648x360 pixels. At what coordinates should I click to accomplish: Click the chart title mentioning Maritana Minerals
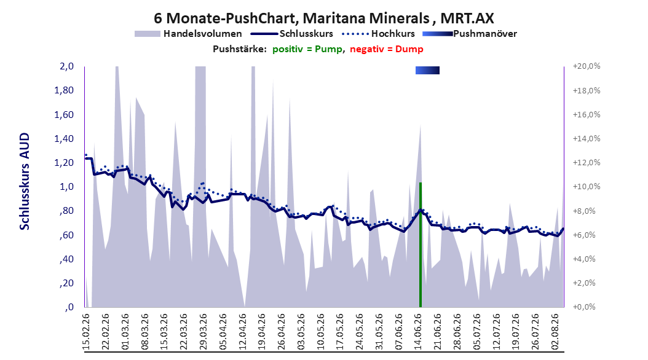tap(323, 18)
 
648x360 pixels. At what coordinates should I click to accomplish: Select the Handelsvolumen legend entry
tap(188, 34)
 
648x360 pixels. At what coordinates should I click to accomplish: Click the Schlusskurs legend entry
tap(292, 34)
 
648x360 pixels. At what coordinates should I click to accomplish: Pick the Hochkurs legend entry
tap(378, 34)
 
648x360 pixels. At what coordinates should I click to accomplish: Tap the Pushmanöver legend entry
tap(470, 34)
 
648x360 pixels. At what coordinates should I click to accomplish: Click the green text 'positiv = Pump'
tap(307, 49)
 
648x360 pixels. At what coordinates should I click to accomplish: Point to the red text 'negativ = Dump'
tap(387, 49)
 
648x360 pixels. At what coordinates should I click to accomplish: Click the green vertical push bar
tap(421, 245)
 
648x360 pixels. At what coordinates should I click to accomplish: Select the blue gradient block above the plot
tap(427, 70)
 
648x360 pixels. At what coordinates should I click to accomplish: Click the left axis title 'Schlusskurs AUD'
tap(25, 181)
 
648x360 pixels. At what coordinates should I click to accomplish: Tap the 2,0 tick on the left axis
tap(66, 66)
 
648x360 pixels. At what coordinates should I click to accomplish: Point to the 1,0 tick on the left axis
tap(66, 187)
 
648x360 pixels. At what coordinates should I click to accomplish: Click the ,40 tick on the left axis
tap(66, 259)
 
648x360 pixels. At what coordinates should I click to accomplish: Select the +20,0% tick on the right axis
tap(587, 66)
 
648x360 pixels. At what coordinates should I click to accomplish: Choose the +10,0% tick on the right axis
tap(587, 187)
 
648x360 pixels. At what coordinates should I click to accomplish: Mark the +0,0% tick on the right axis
tap(584, 307)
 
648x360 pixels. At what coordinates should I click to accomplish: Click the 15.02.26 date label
tap(86, 332)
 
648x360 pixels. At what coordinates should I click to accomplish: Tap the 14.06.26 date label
tap(418, 332)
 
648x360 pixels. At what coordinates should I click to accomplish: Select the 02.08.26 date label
tap(555, 332)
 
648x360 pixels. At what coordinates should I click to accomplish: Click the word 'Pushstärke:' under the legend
tap(240, 49)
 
